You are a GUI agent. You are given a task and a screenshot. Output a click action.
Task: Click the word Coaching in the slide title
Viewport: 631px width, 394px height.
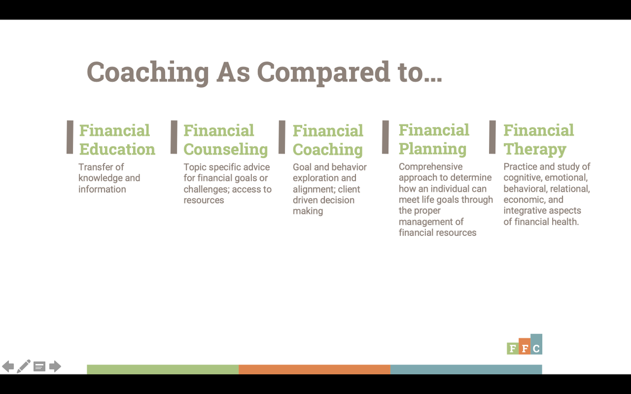pos(148,72)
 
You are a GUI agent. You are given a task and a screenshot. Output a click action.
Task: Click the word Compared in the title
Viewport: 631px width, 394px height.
pos(324,72)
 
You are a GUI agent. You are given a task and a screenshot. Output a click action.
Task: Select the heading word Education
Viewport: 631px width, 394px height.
pos(117,149)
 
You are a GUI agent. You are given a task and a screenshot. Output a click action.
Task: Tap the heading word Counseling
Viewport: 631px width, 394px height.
pos(226,150)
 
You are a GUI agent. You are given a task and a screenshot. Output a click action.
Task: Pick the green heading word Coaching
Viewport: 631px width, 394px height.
pos(328,150)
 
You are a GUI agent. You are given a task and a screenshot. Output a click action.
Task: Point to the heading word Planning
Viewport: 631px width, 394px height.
pos(433,149)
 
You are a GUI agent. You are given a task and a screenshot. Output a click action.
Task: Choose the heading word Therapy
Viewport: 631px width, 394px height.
pos(535,149)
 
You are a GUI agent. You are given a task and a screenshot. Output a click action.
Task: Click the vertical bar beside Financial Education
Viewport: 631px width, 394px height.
pos(70,137)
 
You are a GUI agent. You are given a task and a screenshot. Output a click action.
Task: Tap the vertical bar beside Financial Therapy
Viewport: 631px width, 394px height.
pos(492,137)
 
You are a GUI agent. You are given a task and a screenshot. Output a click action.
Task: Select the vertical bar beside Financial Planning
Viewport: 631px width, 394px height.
pos(385,137)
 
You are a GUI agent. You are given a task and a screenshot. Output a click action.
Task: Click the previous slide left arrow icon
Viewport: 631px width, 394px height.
pos(8,367)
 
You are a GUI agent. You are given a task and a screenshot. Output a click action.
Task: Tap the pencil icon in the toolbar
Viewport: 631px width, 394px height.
pos(24,366)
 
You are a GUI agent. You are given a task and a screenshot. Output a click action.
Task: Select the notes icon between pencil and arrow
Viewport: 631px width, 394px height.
pos(39,367)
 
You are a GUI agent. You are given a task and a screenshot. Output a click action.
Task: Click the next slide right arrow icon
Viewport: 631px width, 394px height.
pos(55,367)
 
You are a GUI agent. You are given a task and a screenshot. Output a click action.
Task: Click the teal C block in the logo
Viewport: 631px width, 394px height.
pos(536,344)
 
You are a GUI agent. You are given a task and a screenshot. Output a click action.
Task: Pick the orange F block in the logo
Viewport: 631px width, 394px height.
pos(525,346)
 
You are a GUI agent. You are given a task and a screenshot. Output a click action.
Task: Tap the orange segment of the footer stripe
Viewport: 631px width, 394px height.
pos(314,369)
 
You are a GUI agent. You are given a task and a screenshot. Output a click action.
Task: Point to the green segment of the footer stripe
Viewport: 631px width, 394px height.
pos(163,369)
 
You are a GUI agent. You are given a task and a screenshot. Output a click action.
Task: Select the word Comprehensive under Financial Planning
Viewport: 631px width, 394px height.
pos(431,167)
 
